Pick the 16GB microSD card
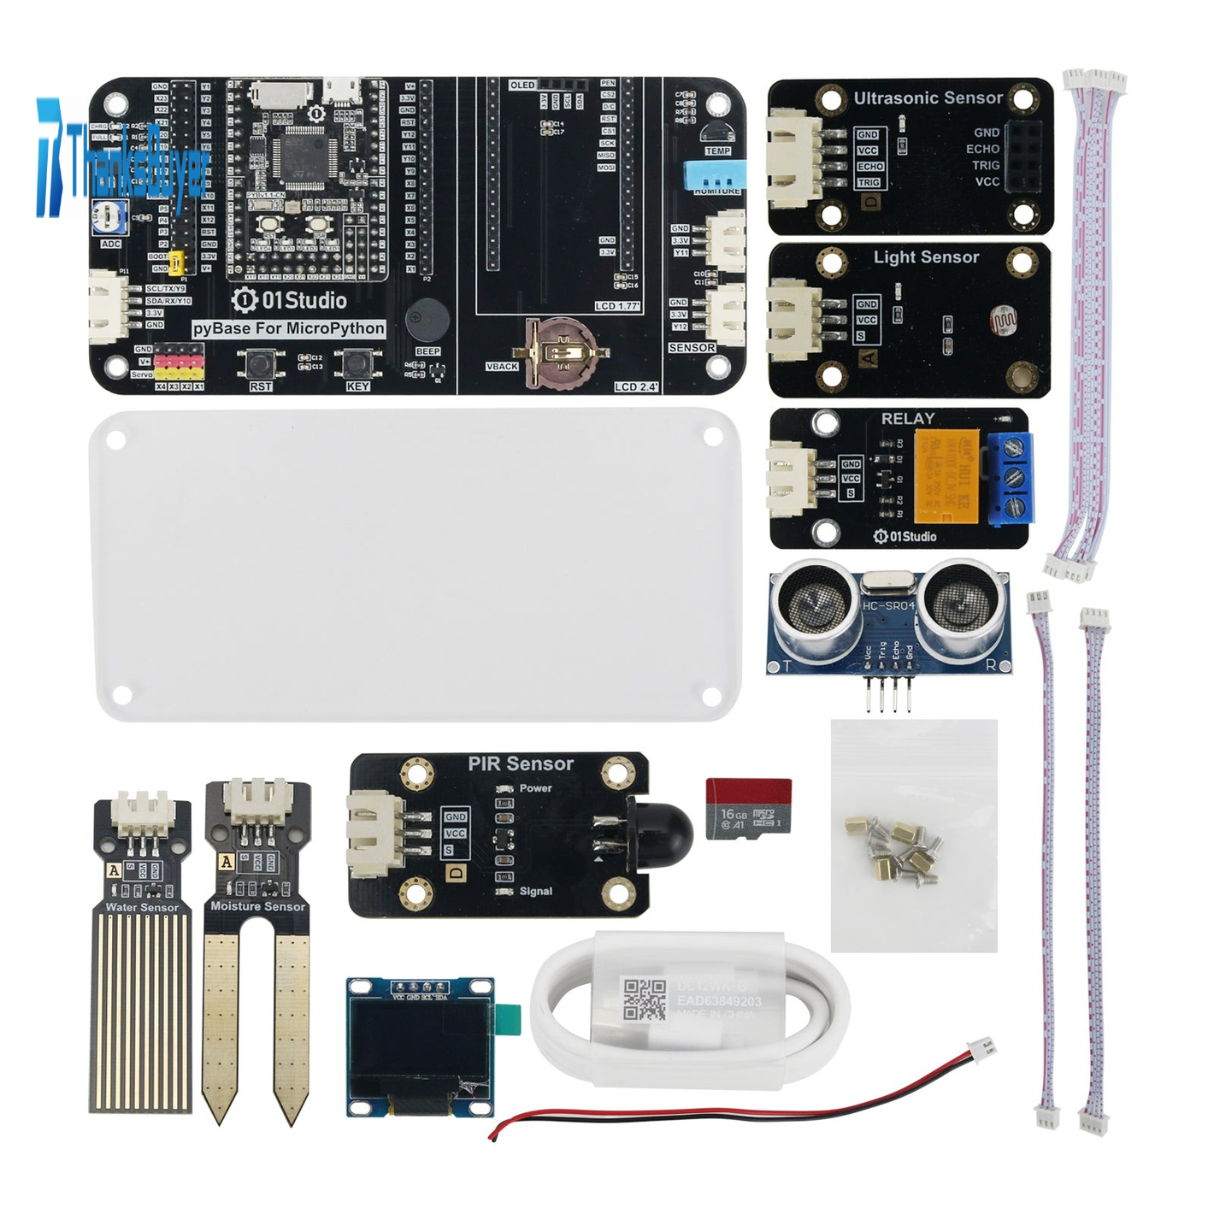pyautogui.click(x=748, y=808)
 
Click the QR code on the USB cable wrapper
pyautogui.click(x=645, y=999)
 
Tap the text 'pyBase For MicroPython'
pyautogui.click(x=288, y=328)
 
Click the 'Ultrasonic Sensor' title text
pyautogui.click(x=928, y=98)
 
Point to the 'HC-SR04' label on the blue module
pyautogui.click(x=888, y=605)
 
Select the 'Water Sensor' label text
pyautogui.click(x=142, y=907)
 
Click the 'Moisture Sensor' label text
pyautogui.click(x=257, y=906)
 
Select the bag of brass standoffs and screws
pyautogui.click(x=913, y=835)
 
